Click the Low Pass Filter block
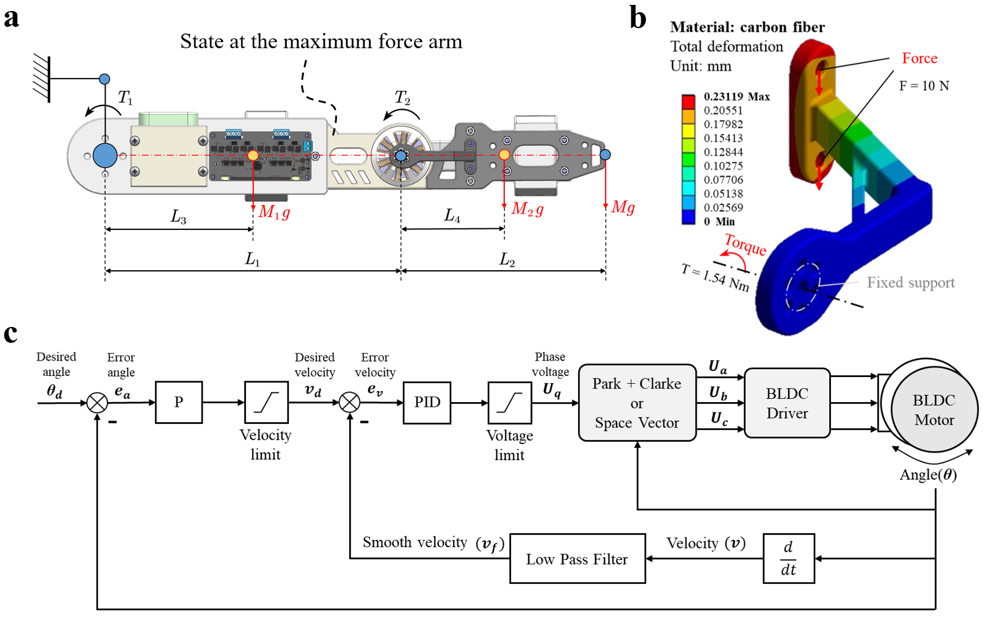577,559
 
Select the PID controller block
427,403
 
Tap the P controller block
178,403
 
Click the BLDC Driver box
787,403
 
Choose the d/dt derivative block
788,559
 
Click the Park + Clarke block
637,403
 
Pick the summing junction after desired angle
97,403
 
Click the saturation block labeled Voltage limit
509,403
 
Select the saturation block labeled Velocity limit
266,403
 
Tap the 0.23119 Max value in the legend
736,97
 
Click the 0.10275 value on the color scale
723,166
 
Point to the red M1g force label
274,212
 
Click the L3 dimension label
178,217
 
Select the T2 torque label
402,98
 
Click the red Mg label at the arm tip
623,207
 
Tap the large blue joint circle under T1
105,156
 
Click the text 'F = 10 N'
924,86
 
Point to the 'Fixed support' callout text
910,282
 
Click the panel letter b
638,18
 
